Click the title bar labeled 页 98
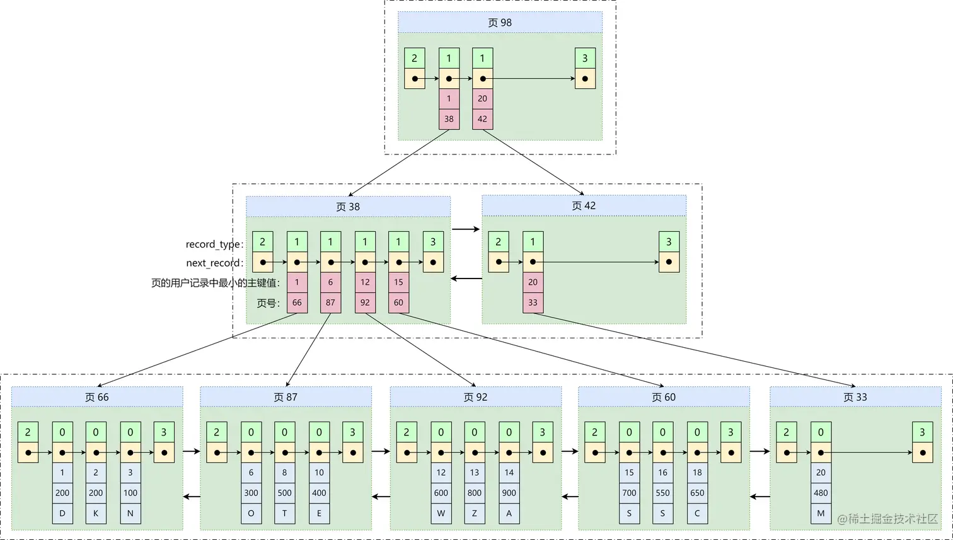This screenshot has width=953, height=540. tap(500, 23)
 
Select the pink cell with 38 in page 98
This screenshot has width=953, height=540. tap(449, 119)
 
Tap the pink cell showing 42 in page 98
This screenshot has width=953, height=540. tap(482, 119)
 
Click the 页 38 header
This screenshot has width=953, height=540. tap(348, 207)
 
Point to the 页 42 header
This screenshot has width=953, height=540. tap(584, 206)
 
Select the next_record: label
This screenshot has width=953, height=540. tap(214, 263)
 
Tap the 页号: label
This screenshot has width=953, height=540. tap(268, 303)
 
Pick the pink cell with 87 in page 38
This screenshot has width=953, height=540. tap(330, 302)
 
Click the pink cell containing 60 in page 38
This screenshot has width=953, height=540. tap(398, 302)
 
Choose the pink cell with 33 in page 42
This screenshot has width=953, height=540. tap(533, 302)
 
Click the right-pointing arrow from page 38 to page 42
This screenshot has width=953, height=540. tap(466, 229)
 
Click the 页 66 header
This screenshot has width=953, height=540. tap(97, 397)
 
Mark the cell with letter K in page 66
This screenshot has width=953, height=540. tap(96, 514)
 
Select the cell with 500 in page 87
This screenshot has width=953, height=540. tap(284, 493)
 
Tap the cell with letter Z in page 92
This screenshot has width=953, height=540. tap(475, 514)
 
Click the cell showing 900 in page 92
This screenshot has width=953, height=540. tap(509, 493)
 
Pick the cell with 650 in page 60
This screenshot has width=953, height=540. tap(697, 493)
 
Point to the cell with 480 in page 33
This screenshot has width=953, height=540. tap(821, 493)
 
